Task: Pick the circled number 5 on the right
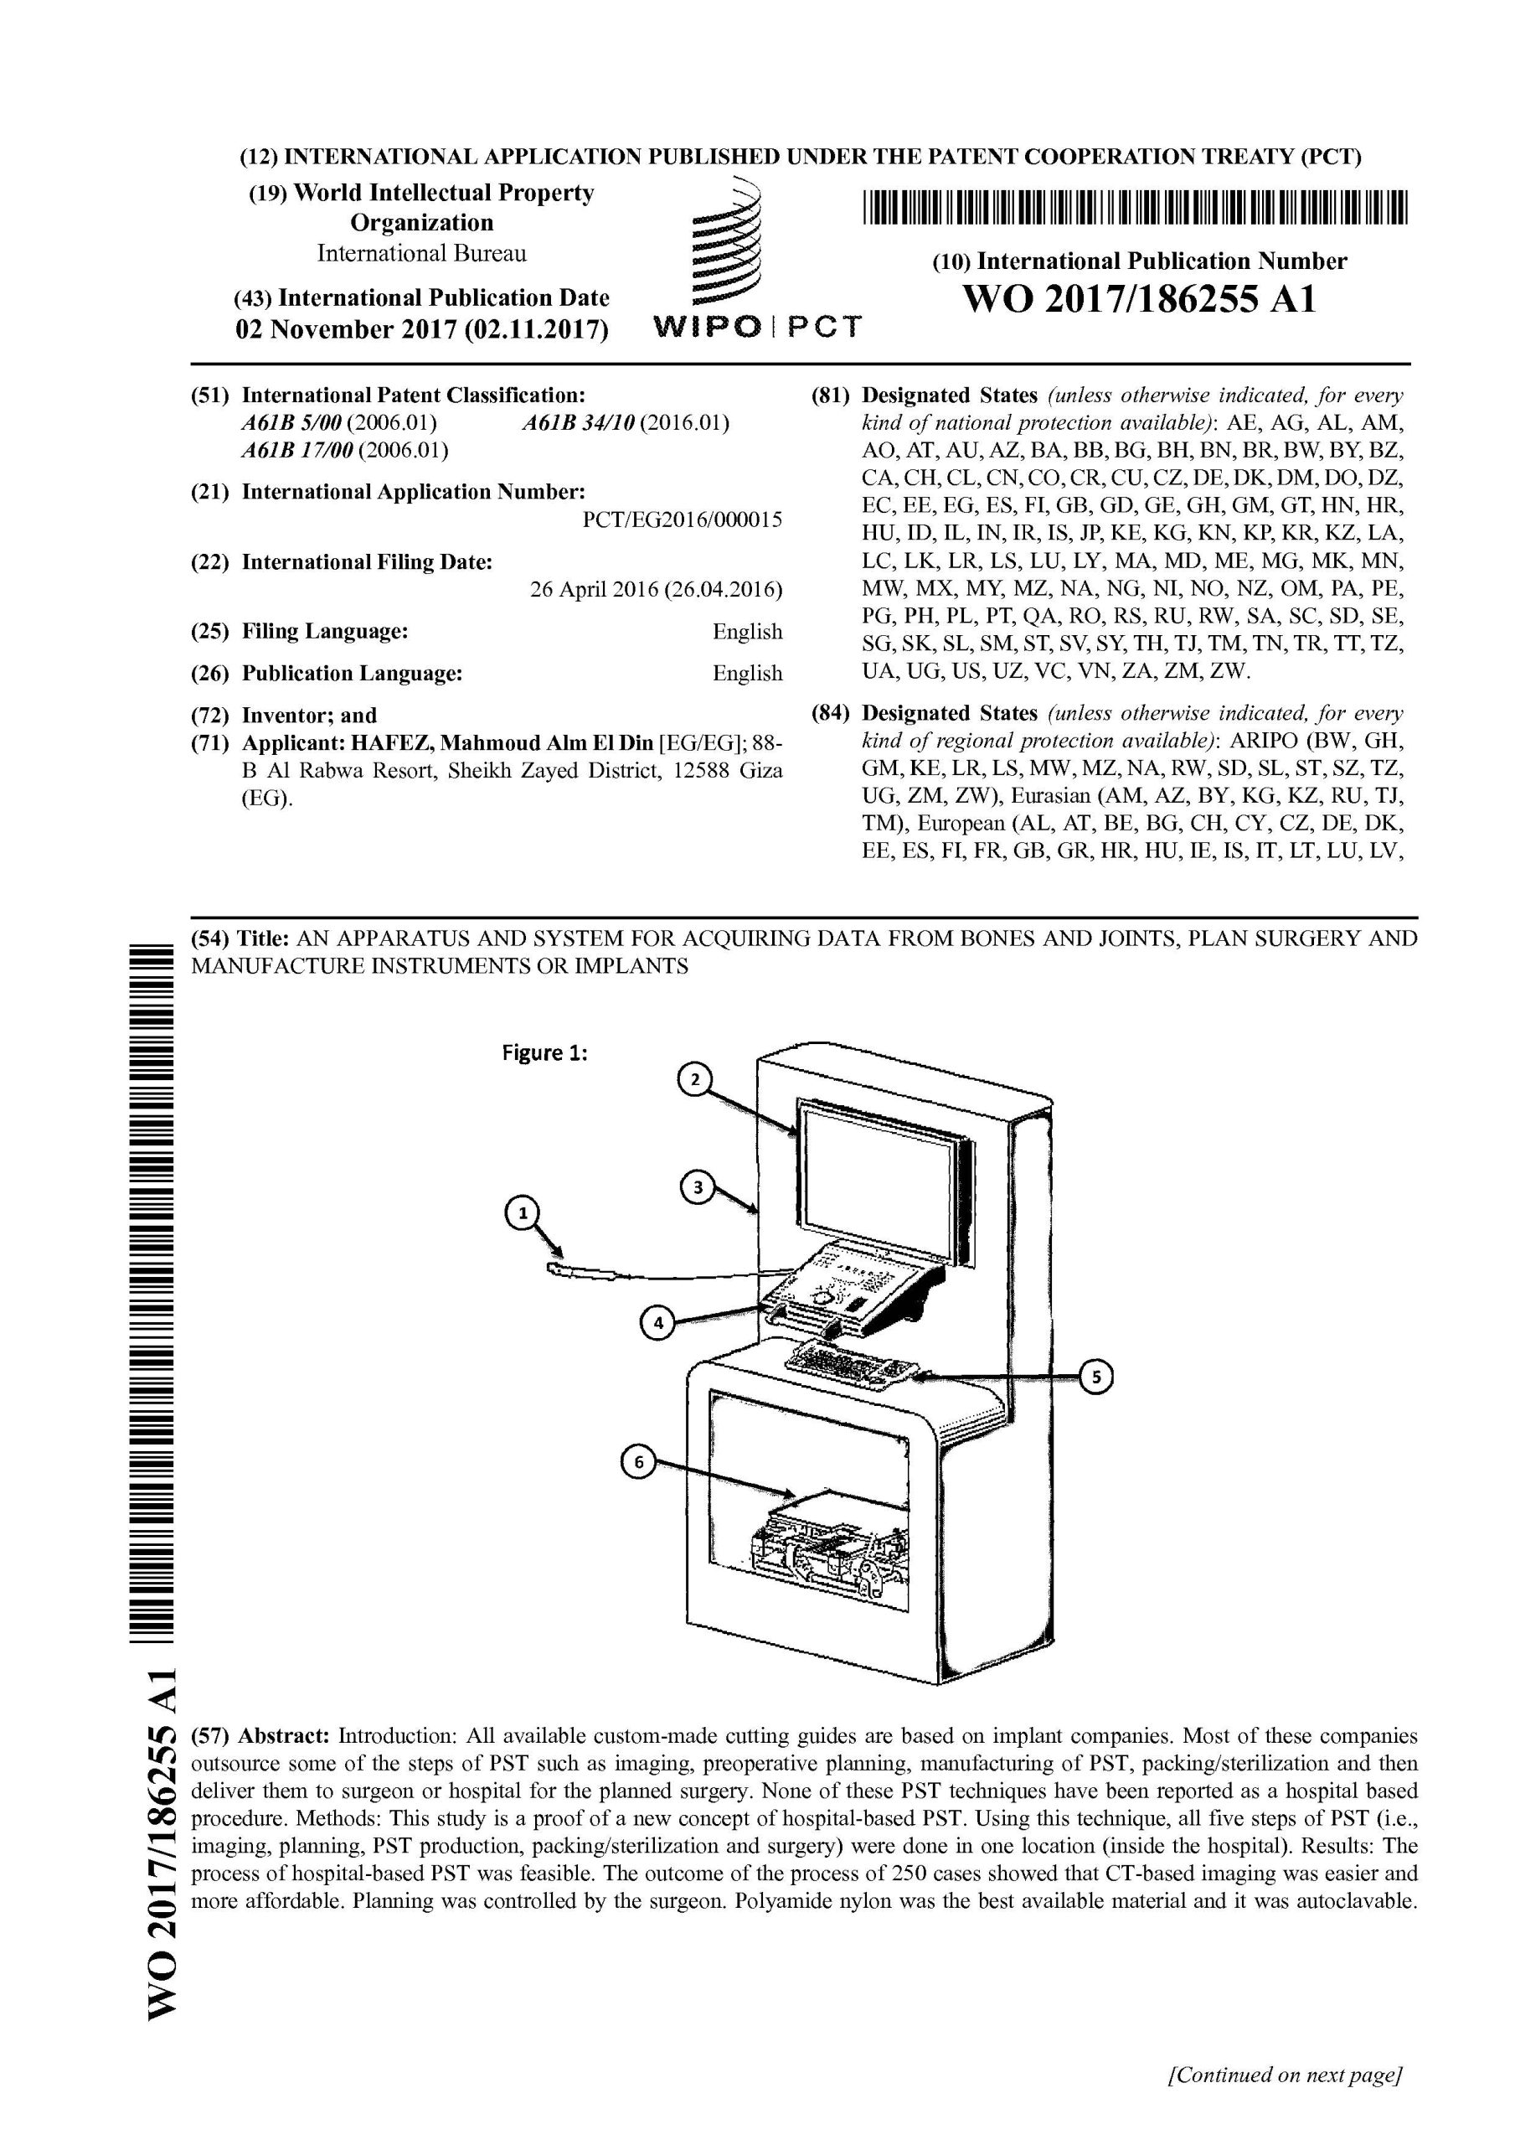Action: coord(1096,1376)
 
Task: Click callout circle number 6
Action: coord(639,1464)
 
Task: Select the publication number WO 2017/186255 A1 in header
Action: coord(1139,300)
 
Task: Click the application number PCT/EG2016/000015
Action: coord(682,520)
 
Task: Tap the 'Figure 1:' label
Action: coord(544,1053)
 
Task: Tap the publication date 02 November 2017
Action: coord(420,331)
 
